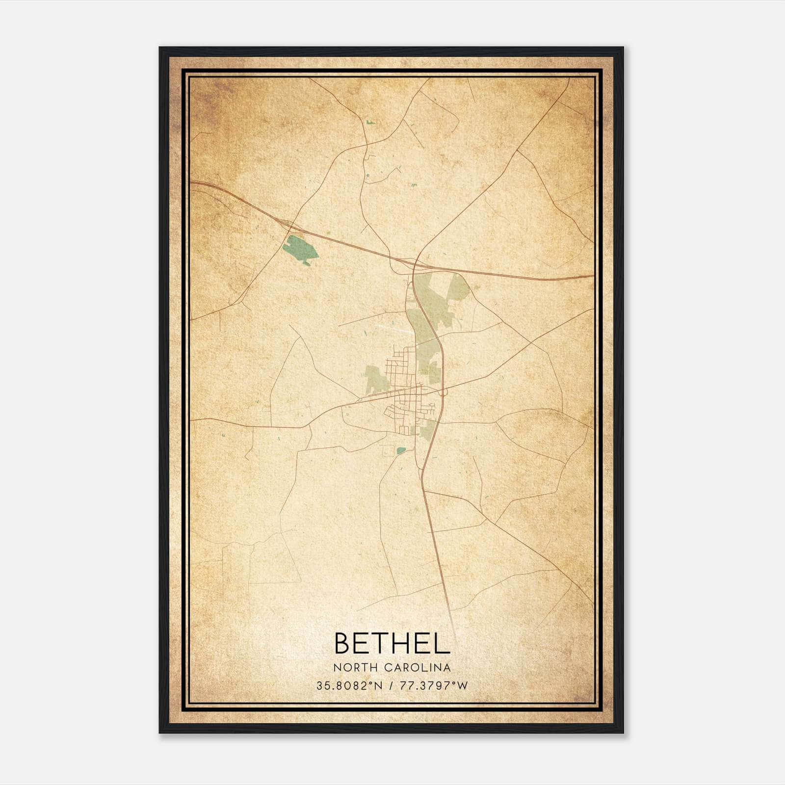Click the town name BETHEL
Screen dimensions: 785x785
[x=392, y=643]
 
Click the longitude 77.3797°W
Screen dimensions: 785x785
[x=434, y=685]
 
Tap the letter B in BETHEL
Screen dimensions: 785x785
[x=344, y=643]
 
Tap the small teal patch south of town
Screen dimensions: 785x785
[x=401, y=450]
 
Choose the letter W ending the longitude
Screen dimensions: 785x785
[x=462, y=685]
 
